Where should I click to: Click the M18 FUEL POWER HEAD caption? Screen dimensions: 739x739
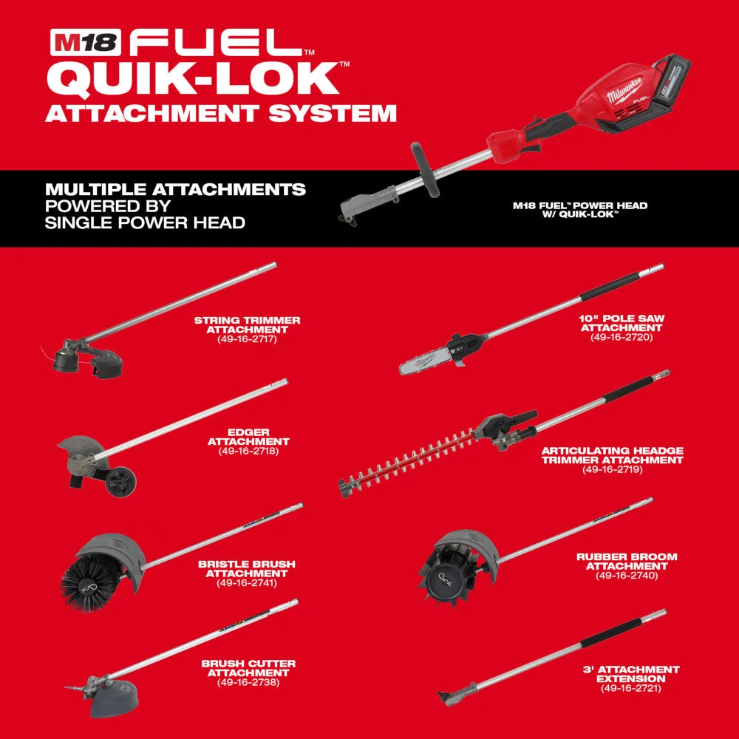click(580, 210)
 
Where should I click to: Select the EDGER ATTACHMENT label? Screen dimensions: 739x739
click(248, 436)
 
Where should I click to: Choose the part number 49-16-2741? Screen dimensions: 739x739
click(247, 583)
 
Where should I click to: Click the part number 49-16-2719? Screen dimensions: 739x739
click(612, 469)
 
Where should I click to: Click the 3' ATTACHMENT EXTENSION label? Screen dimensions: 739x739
click(631, 674)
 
